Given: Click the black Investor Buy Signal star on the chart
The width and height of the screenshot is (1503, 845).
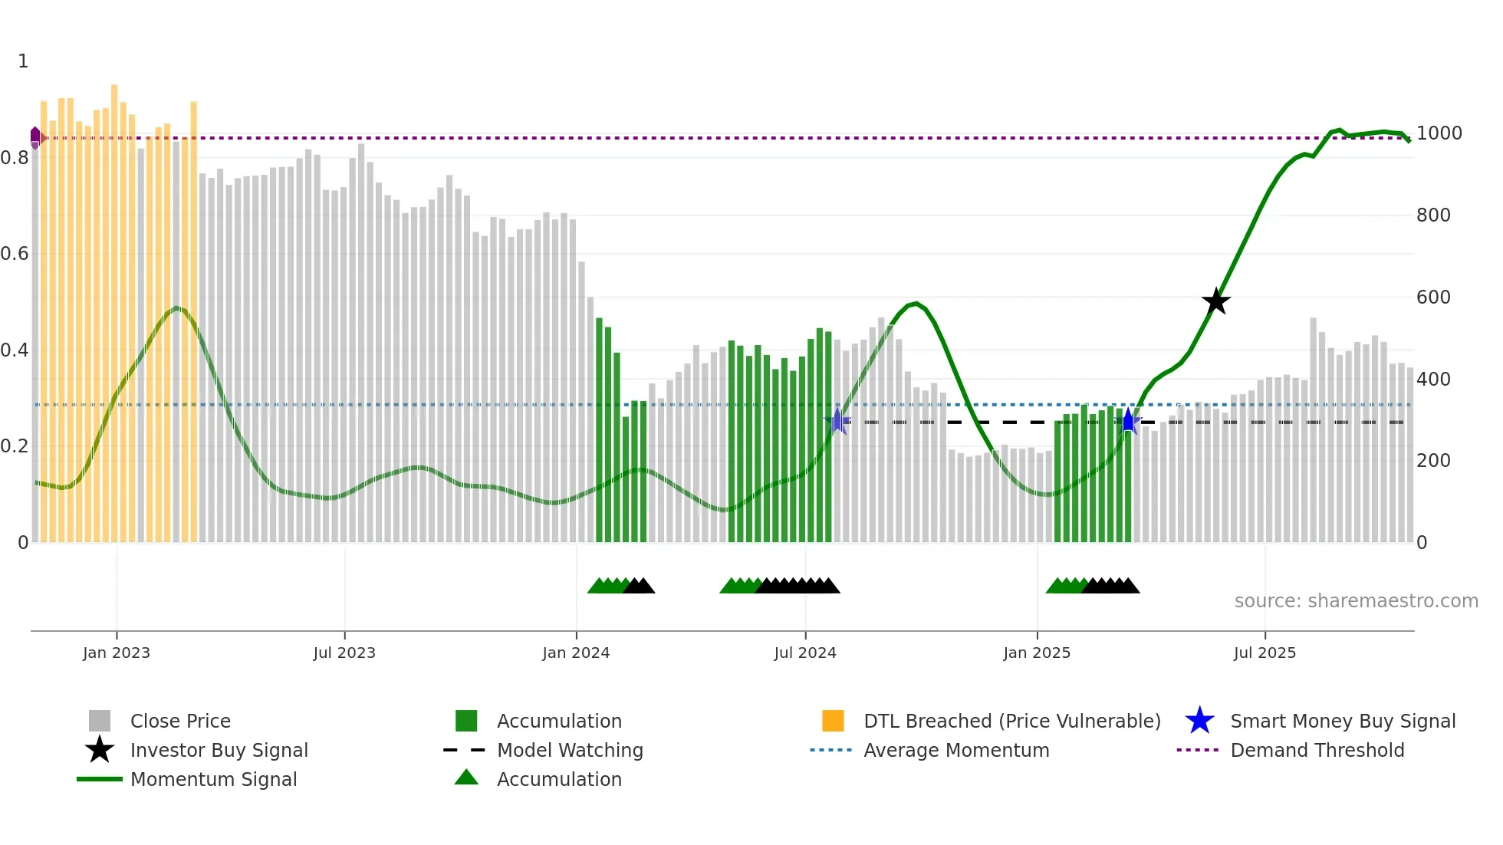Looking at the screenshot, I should [1215, 301].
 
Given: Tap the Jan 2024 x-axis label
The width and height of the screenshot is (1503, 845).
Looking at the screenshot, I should [576, 653].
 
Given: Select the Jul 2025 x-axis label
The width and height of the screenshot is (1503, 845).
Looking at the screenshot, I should [1265, 653].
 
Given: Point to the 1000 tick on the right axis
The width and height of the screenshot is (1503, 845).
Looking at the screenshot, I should [1439, 133].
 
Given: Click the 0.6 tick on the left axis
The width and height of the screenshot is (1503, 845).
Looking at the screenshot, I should [15, 254].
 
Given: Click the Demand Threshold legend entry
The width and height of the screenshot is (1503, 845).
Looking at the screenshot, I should [1317, 750].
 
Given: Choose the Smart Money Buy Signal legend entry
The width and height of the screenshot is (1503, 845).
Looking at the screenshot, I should [1342, 721].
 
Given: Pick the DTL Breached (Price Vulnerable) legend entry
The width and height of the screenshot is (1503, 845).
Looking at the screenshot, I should [1011, 721].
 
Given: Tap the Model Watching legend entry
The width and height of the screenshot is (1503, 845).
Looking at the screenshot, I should [569, 750].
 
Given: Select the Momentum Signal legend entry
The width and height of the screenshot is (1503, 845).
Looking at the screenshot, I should [213, 779].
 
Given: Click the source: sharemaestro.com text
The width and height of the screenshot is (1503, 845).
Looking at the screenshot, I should [1356, 601].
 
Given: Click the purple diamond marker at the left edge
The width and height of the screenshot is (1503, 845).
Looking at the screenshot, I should [35, 138].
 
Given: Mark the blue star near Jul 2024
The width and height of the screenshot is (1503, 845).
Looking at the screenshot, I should [837, 421].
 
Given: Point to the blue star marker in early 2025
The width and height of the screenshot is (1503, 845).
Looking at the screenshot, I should [1128, 421].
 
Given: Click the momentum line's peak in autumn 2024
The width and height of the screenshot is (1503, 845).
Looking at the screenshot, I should [916, 304].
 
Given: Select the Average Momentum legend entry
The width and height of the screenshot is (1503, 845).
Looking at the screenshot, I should [955, 750].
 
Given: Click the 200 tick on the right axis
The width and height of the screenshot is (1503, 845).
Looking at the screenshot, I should [1433, 461].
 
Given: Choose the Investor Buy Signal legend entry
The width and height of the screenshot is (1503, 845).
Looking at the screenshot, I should [219, 750].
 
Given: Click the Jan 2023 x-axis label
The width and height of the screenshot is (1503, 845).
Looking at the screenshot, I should [117, 653].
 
